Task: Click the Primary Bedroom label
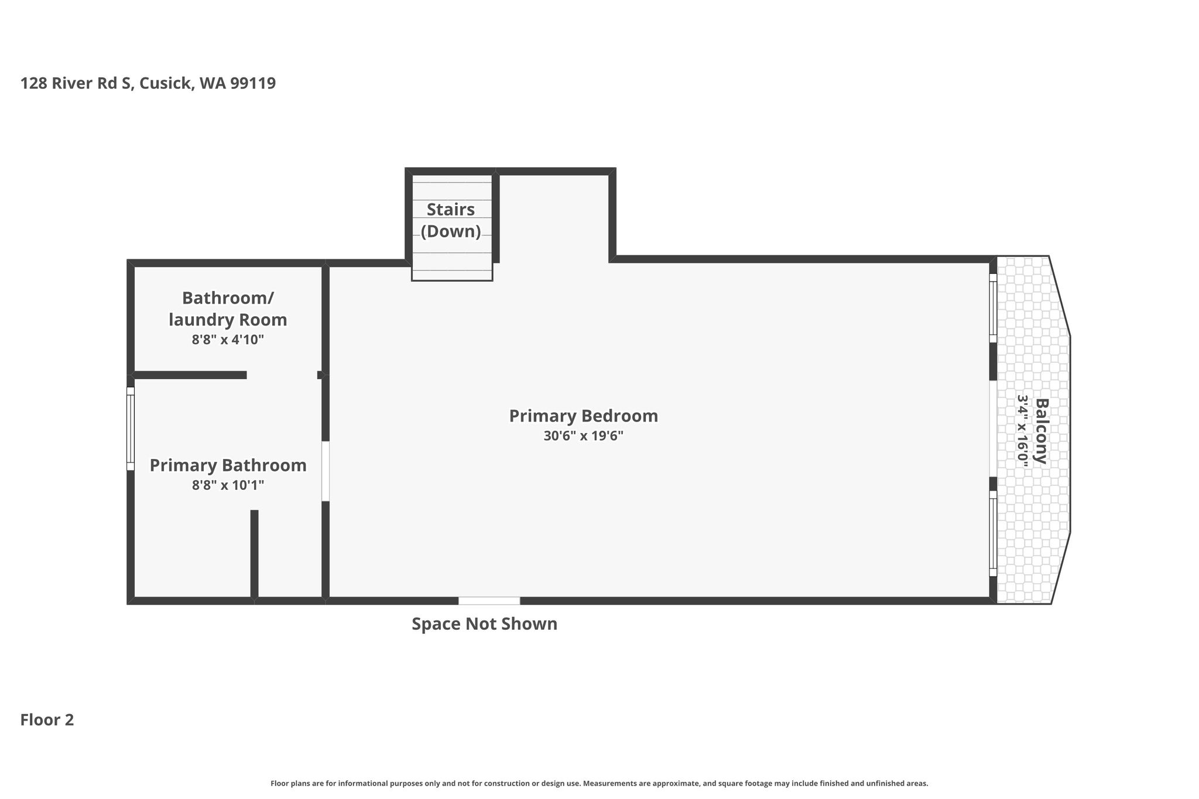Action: [584, 416]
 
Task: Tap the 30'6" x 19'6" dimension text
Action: [584, 436]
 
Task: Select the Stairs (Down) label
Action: [451, 220]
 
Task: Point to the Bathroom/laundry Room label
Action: [228, 309]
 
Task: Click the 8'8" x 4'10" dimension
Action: [228, 340]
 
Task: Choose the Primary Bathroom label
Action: [228, 465]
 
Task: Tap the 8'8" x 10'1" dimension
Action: [228, 485]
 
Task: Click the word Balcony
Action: [1041, 431]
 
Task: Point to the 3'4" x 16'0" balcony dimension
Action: [1022, 431]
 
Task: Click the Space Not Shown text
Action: [484, 624]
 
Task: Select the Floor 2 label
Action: [47, 720]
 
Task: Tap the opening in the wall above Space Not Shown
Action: [489, 601]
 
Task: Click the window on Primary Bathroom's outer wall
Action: [131, 428]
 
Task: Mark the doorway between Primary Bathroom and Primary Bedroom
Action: [326, 471]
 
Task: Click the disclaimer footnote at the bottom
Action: [599, 783]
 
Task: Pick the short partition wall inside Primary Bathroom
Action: [255, 554]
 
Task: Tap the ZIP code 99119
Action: [253, 83]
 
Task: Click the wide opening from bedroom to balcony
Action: [993, 428]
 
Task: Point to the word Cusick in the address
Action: [166, 83]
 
